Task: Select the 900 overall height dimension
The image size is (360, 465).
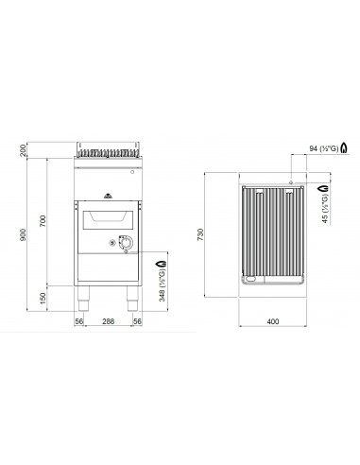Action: (23, 235)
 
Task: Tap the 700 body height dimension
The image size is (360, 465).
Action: (43, 221)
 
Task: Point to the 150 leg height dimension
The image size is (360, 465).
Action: (43, 299)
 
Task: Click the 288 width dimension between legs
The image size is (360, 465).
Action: (109, 321)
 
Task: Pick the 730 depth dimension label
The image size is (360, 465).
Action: (200, 234)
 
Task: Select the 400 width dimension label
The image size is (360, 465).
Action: (273, 321)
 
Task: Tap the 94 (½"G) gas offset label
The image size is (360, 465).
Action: (323, 148)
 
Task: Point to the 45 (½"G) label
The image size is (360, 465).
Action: (325, 209)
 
